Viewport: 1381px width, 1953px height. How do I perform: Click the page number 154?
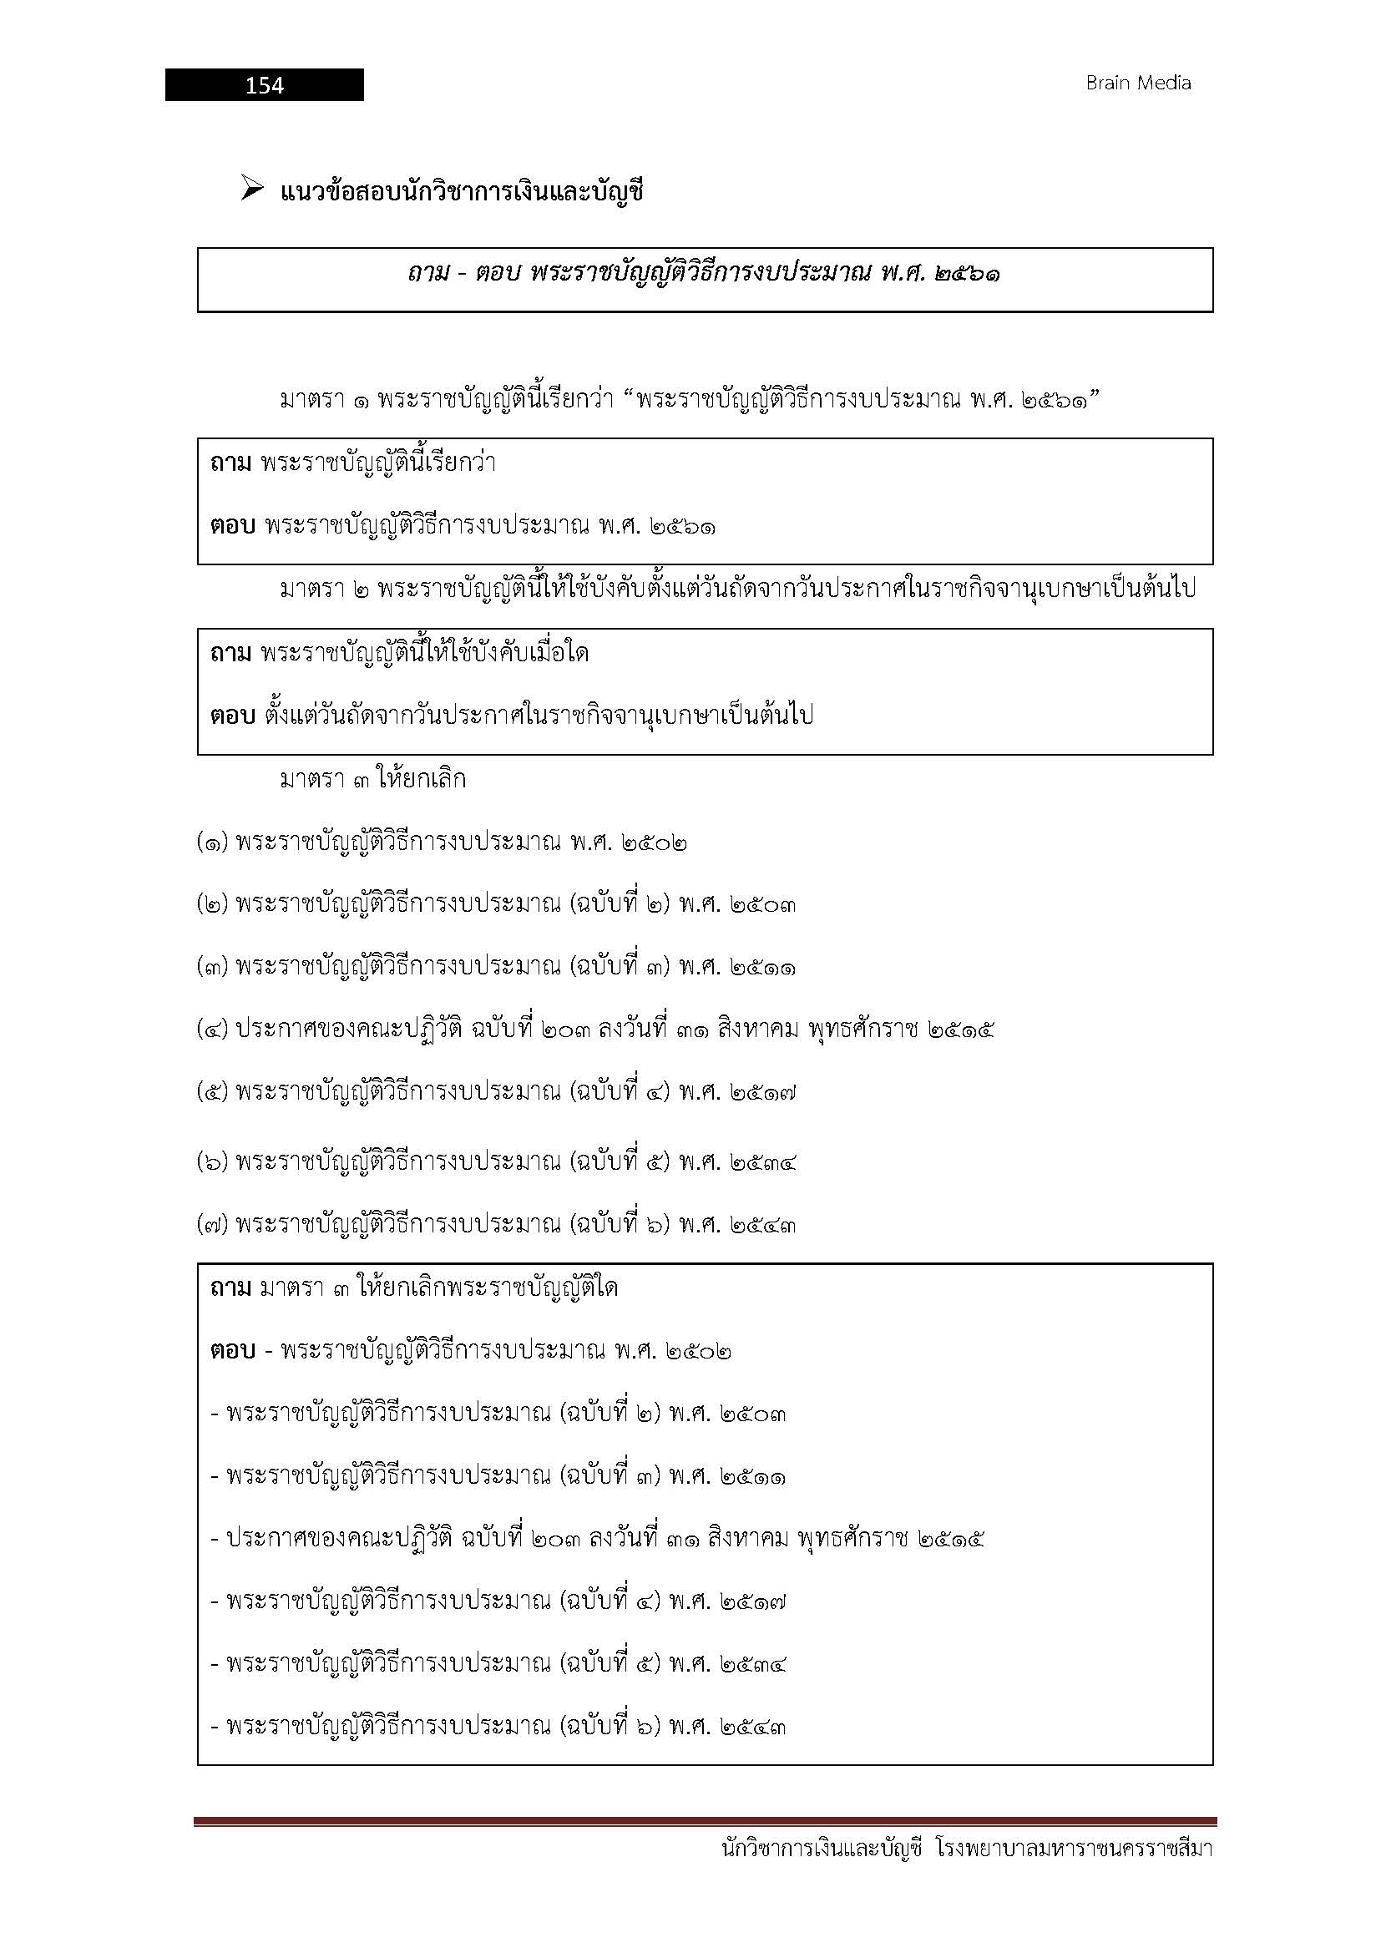[265, 85]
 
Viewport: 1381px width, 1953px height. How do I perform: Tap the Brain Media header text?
[1138, 83]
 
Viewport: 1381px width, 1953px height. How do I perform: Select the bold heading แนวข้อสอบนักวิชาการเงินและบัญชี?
[462, 193]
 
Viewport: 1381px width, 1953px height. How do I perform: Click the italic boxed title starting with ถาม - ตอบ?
[703, 275]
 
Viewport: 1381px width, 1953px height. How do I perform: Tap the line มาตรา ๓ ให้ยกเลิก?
[372, 780]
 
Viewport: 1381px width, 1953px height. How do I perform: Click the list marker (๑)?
[212, 844]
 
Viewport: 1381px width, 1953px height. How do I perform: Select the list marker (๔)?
[212, 1030]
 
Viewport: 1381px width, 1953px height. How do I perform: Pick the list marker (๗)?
[212, 1226]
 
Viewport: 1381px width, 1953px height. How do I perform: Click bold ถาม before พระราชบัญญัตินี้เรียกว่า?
[230, 463]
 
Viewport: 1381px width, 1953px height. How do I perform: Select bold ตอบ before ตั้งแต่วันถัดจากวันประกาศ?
[232, 716]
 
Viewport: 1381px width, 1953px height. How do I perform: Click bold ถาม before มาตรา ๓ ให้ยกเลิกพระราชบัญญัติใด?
[230, 1288]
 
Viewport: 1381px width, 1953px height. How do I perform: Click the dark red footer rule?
[705, 1822]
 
